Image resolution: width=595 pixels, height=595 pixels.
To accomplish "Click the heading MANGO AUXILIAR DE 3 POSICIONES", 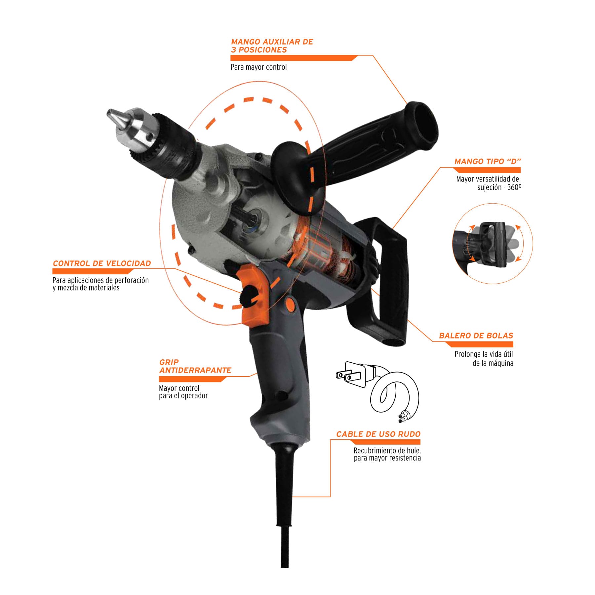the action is pos(272,46).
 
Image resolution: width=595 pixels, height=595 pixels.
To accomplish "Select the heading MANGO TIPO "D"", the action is pos(488,162).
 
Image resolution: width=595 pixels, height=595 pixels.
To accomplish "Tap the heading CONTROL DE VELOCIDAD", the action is pos(102,263).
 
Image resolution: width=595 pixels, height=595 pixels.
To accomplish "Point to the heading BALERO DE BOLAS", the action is pos(476,336).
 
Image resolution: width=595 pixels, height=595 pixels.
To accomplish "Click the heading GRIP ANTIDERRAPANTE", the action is pos(195,366).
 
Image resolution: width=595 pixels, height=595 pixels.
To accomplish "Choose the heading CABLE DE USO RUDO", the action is pos(378,434).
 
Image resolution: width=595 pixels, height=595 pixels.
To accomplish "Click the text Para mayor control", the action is pos(258,67).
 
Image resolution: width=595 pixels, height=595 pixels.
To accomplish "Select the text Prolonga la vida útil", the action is pos(484,354).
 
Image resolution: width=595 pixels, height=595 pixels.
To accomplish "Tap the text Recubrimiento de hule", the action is pos(387,451).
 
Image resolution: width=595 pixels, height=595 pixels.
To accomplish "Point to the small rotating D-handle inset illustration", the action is pos(492,244).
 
